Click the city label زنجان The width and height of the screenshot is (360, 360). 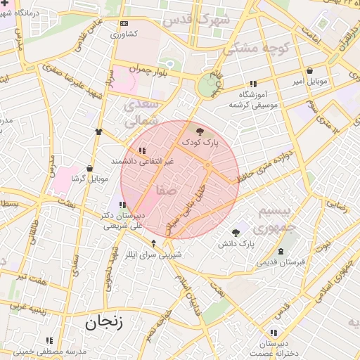pos(103,323)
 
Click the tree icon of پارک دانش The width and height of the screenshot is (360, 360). pos(236,233)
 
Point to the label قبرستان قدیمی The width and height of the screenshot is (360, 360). pos(281,262)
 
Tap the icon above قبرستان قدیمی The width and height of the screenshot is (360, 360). pos(281,252)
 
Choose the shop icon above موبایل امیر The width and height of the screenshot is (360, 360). pos(310,71)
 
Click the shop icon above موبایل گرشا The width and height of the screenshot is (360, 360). pos(89,169)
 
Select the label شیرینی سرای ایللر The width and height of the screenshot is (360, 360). pos(154,254)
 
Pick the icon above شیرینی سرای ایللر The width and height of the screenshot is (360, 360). pos(154,243)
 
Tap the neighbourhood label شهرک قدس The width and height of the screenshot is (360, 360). pos(196,20)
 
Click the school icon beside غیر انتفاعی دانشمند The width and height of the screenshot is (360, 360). pos(143,150)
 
